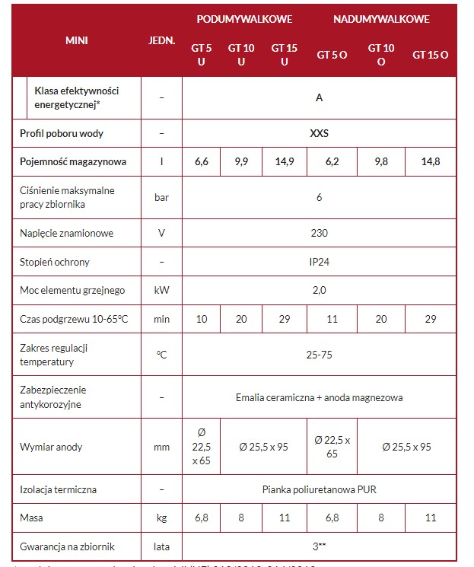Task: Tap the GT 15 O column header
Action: [431, 55]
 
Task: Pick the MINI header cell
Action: [77, 40]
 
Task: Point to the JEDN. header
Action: [161, 40]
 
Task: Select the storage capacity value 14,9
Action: [284, 161]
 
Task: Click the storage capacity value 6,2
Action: [332, 161]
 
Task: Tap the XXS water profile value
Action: [320, 132]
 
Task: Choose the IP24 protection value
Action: [320, 262]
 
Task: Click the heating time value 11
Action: [332, 319]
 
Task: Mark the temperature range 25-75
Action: [320, 355]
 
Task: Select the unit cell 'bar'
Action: [161, 197]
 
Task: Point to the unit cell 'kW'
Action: [161, 290]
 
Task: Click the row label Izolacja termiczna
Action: [59, 489]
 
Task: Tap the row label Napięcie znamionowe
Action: [67, 233]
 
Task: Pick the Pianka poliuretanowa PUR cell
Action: [320, 489]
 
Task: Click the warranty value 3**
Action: [320, 546]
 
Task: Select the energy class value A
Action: [320, 97]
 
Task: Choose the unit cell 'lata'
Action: [161, 546]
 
